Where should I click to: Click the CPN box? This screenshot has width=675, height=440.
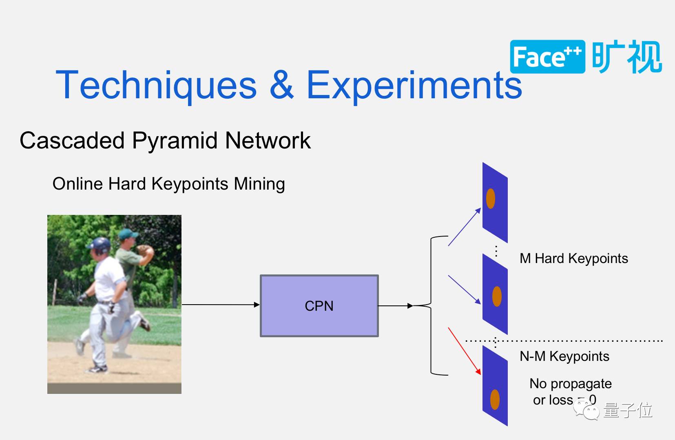point(319,306)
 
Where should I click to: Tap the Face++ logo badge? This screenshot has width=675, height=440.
point(547,57)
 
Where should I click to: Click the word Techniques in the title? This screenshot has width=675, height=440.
point(156,85)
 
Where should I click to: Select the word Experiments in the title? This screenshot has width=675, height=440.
point(414,85)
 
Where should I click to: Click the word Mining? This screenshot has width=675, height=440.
point(259,184)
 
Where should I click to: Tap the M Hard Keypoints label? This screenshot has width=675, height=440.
point(573,259)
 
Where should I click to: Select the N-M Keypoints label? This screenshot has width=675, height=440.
point(564,356)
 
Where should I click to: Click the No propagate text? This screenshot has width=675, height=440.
point(570,384)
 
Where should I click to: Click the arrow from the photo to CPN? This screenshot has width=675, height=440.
point(220,305)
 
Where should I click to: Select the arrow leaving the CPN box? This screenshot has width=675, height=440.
point(395,306)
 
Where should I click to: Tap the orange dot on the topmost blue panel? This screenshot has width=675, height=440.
point(491,199)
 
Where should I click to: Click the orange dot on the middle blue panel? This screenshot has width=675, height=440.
point(497,296)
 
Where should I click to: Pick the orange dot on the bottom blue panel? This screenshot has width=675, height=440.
point(495,399)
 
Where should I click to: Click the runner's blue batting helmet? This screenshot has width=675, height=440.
point(100,245)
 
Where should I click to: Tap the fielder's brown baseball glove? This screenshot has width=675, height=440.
point(145,250)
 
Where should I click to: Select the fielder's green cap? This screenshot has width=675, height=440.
point(128,234)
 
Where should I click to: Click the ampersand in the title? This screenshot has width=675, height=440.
point(281,85)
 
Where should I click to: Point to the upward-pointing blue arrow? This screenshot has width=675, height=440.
point(465,227)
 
